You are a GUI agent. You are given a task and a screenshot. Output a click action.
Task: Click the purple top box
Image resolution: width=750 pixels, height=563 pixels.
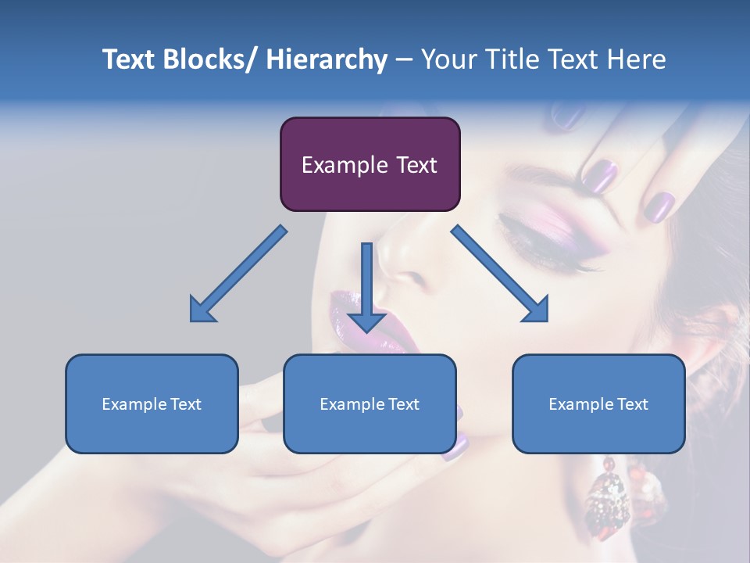[x=370, y=164]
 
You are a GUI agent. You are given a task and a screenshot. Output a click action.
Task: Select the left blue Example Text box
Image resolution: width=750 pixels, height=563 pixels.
[x=152, y=403]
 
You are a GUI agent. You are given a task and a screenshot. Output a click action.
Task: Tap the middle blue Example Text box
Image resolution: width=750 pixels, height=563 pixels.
[x=370, y=403]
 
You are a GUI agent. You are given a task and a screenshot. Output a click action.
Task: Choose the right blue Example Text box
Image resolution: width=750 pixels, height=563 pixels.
[x=598, y=403]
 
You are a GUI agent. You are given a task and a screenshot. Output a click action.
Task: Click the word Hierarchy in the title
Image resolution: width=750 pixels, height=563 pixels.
[x=326, y=59]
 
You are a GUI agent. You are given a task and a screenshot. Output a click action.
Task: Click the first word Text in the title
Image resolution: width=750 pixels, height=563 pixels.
[x=130, y=59]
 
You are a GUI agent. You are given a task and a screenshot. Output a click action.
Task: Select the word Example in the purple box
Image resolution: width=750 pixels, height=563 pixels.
[x=345, y=165]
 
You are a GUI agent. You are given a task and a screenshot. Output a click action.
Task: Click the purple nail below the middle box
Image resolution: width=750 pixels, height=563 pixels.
[x=455, y=446]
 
